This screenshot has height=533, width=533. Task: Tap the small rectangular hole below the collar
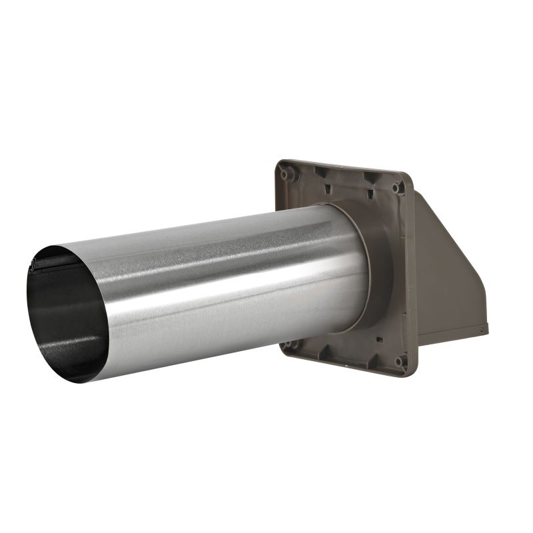[x=378, y=339]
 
